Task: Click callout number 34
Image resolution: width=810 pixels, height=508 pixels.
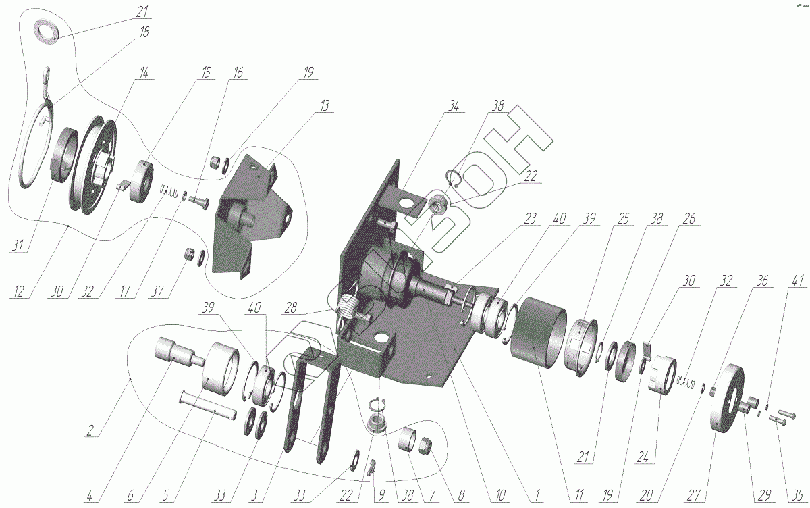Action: click(453, 105)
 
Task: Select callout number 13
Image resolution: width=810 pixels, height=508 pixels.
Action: click(325, 105)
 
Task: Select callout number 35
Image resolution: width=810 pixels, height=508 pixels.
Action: click(798, 496)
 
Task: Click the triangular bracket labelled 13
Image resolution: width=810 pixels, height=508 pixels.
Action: click(250, 216)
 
